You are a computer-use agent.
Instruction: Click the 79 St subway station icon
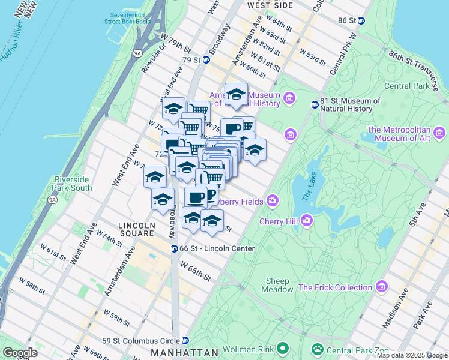206,59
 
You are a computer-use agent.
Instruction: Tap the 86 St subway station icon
361,20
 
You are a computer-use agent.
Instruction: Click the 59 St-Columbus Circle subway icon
186,339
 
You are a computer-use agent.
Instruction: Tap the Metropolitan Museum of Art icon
439,132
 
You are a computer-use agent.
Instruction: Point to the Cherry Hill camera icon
307,221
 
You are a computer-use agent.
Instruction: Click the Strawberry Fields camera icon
273,200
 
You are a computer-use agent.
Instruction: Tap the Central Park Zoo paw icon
316,348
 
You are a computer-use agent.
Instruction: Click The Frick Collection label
337,287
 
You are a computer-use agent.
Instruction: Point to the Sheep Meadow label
278,285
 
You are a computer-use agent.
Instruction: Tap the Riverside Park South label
73,184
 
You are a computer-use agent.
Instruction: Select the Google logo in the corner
20,353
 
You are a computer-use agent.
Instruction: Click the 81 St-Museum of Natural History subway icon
314,105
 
